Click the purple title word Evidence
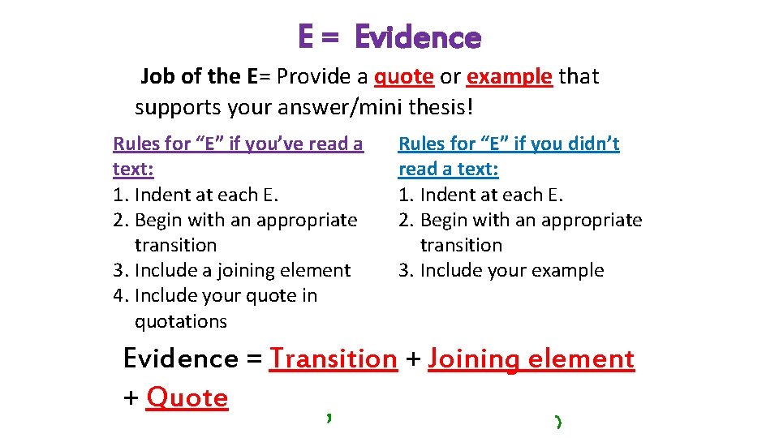click(x=418, y=37)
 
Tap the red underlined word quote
click(x=403, y=77)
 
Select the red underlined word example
click(x=510, y=77)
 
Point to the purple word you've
click(x=270, y=144)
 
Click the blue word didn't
click(x=583, y=144)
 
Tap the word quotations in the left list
click(x=180, y=321)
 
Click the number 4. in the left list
click(x=122, y=295)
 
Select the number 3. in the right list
click(x=407, y=270)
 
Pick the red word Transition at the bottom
click(x=334, y=359)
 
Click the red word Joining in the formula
click(x=475, y=359)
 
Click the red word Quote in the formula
click(x=187, y=397)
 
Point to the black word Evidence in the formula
click(x=180, y=359)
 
